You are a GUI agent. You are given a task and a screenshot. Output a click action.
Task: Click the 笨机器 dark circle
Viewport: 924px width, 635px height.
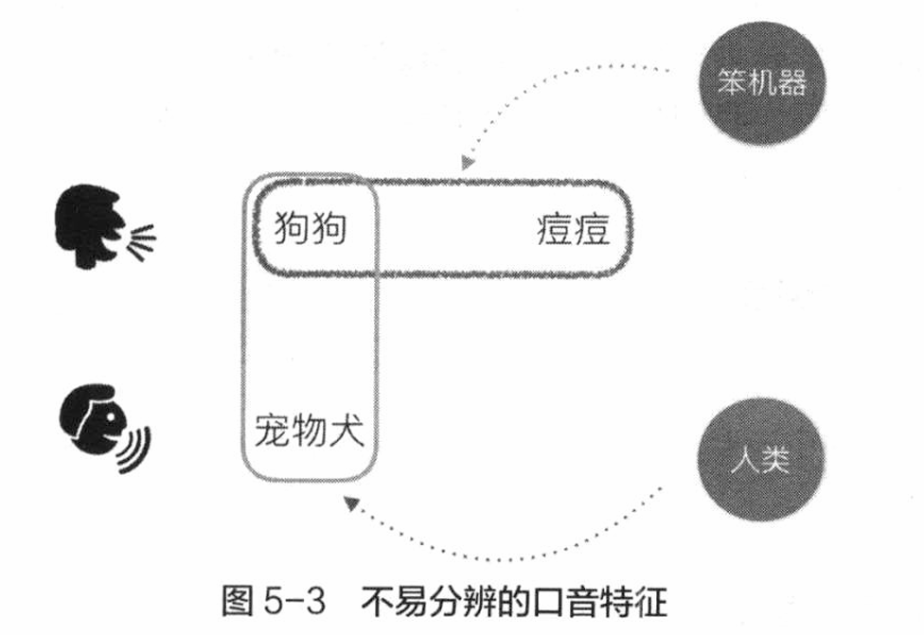tap(762, 83)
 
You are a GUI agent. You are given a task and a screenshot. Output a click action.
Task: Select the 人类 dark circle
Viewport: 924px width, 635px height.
tap(761, 459)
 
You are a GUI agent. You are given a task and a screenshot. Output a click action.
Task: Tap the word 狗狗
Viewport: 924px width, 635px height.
tap(311, 229)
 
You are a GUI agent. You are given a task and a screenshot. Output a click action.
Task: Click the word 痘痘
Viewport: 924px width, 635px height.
tap(573, 229)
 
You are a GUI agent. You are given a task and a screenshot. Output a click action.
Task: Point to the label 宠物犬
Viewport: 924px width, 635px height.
tap(310, 431)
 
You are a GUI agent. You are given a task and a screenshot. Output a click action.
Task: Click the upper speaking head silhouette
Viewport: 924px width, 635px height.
tap(90, 225)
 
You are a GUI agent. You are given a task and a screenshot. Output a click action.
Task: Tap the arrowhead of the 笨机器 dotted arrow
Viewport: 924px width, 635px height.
tap(468, 163)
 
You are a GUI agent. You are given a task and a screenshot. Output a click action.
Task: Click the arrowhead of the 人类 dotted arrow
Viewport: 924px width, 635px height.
tap(351, 503)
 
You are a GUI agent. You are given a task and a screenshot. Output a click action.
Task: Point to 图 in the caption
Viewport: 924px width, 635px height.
tap(238, 601)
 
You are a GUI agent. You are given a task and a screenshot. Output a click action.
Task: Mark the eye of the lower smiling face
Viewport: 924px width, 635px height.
tap(110, 416)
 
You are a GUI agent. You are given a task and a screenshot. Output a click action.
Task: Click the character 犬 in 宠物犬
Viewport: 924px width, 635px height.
tap(346, 431)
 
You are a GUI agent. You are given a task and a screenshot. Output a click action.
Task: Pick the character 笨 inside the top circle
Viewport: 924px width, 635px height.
tap(732, 82)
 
